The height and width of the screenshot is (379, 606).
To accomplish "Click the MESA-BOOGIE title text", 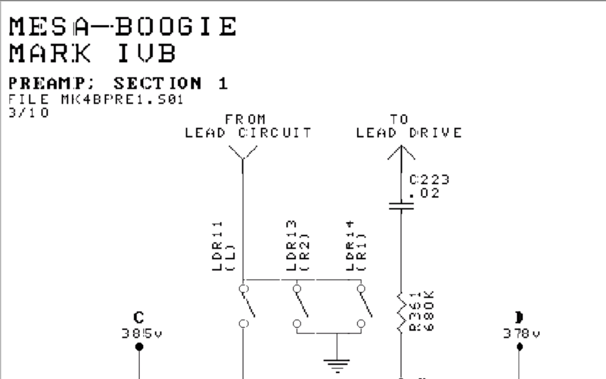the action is [x=123, y=26].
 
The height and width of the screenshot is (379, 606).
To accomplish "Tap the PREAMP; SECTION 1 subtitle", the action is [x=118, y=83].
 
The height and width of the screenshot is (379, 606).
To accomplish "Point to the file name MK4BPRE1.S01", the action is [x=122, y=99].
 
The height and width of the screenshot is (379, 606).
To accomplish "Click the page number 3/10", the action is [x=29, y=113].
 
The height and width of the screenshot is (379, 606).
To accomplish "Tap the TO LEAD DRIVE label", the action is [x=409, y=126].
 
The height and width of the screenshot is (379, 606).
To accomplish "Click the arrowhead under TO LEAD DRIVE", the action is [x=401, y=152].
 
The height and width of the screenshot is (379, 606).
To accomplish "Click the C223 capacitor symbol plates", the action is [x=401, y=206].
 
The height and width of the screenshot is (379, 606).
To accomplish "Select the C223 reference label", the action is [x=429, y=180].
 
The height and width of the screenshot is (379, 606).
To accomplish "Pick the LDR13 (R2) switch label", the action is [x=298, y=246].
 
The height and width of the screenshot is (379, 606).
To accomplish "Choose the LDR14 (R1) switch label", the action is [x=356, y=246].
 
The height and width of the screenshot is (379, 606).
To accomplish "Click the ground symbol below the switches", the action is [x=337, y=365].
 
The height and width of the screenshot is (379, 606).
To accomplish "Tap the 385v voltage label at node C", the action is [x=142, y=334].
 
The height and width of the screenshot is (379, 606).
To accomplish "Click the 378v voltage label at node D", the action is [x=521, y=334].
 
